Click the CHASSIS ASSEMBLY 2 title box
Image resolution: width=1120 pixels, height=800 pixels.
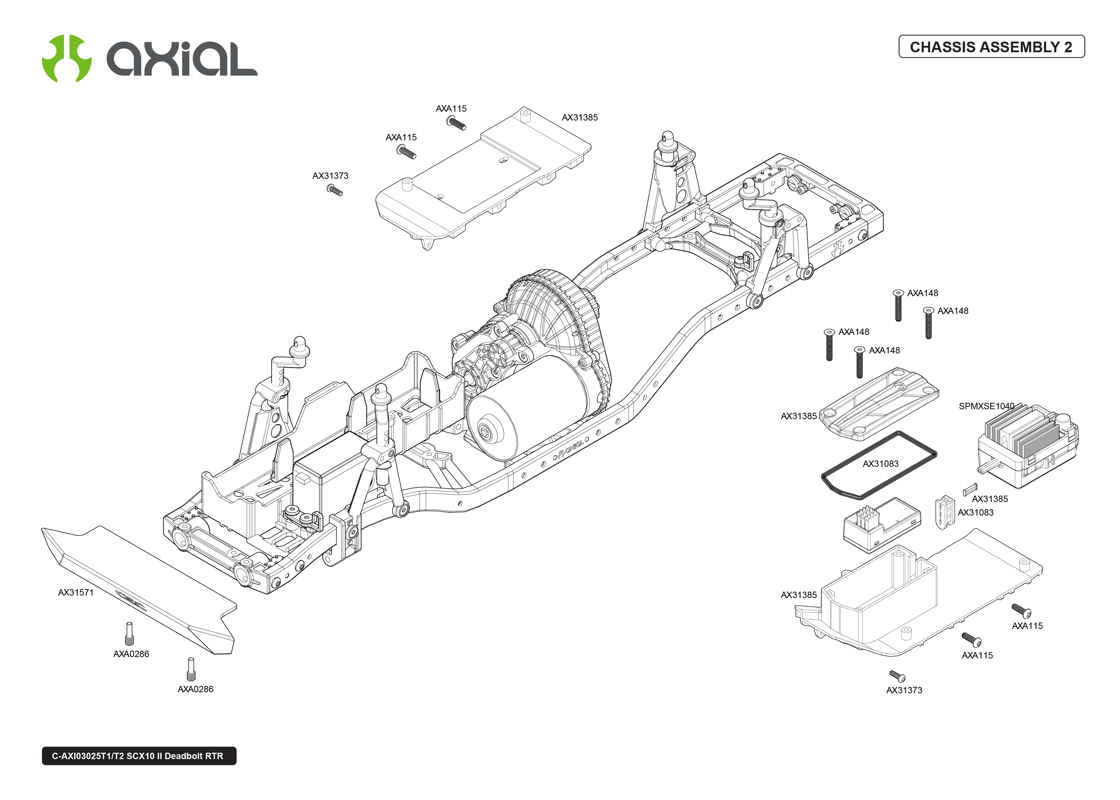tap(991, 47)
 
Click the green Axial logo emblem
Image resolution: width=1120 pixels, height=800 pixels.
tap(66, 58)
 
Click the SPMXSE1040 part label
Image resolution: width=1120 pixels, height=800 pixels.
tap(986, 406)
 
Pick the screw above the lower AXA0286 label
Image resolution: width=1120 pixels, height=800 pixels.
tap(191, 669)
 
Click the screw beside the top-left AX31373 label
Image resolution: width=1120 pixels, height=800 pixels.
tap(335, 190)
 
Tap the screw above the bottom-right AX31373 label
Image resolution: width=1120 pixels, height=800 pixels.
tap(897, 676)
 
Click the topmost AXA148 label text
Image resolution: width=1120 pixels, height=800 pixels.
tap(923, 293)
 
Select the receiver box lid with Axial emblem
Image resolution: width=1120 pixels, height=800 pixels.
tap(882, 401)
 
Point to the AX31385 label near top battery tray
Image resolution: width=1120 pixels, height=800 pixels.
tap(580, 118)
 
